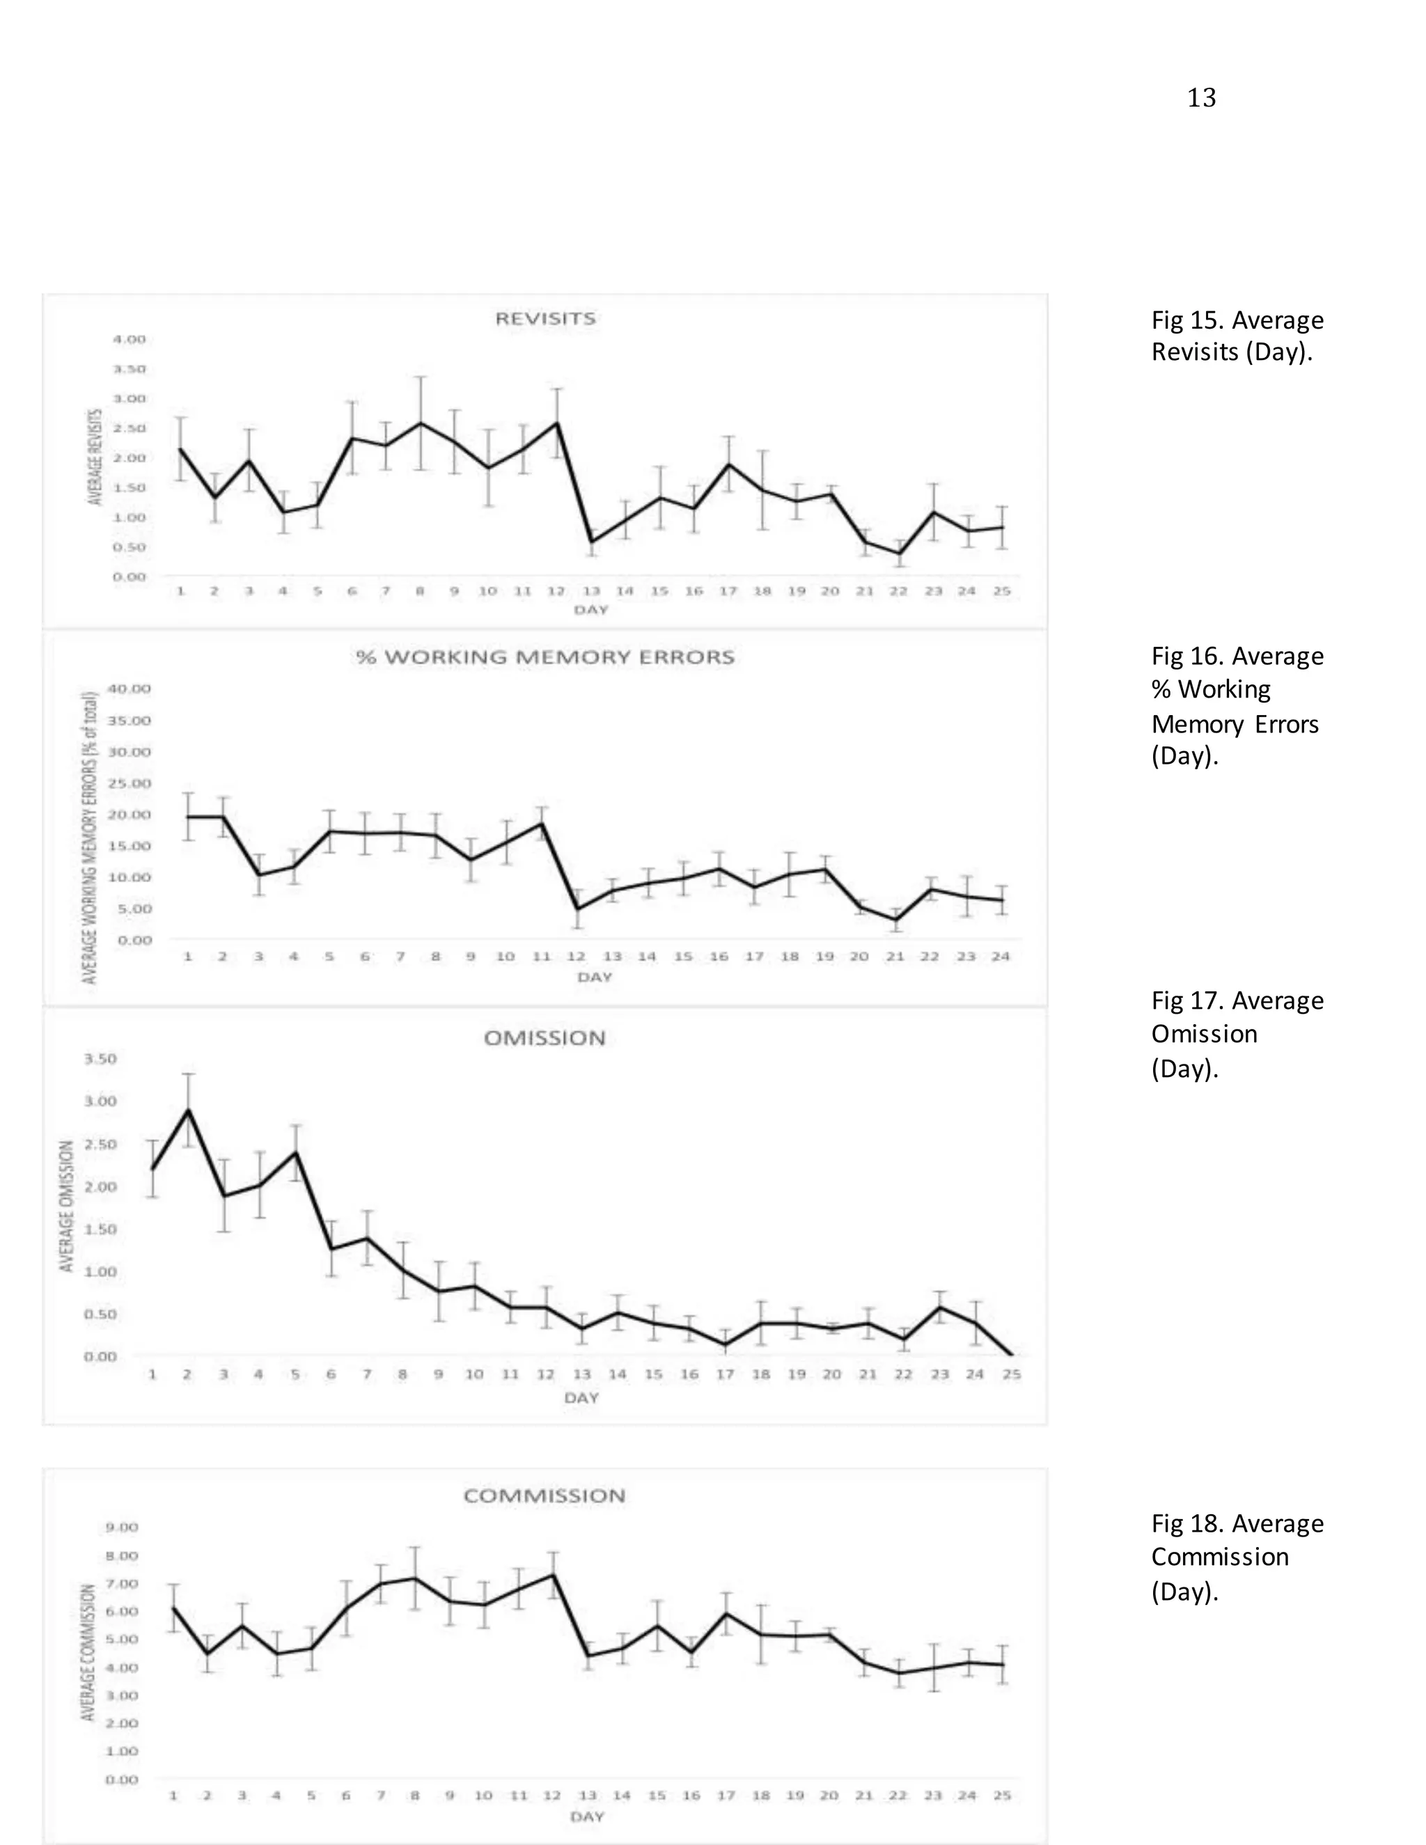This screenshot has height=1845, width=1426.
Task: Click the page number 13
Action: click(x=1200, y=99)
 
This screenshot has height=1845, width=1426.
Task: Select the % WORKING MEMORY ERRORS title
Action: click(x=545, y=657)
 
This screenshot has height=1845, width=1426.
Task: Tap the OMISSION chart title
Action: click(x=545, y=1038)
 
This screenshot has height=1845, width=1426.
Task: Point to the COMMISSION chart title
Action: click(x=545, y=1496)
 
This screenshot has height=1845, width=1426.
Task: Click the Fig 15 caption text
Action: click(x=1237, y=336)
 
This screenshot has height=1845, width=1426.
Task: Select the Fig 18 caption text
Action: click(x=1237, y=1557)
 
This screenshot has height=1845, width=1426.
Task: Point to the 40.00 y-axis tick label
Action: click(x=134, y=689)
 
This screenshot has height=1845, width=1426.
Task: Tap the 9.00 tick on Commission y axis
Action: click(x=122, y=1528)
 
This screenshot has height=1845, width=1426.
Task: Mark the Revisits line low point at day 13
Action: click(x=591, y=542)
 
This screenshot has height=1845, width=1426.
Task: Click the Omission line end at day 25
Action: click(x=1011, y=1356)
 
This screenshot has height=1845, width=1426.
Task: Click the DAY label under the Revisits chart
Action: click(x=590, y=610)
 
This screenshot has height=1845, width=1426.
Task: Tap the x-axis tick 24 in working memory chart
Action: click(x=1001, y=957)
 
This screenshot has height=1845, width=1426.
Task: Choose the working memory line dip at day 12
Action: click(x=577, y=909)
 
